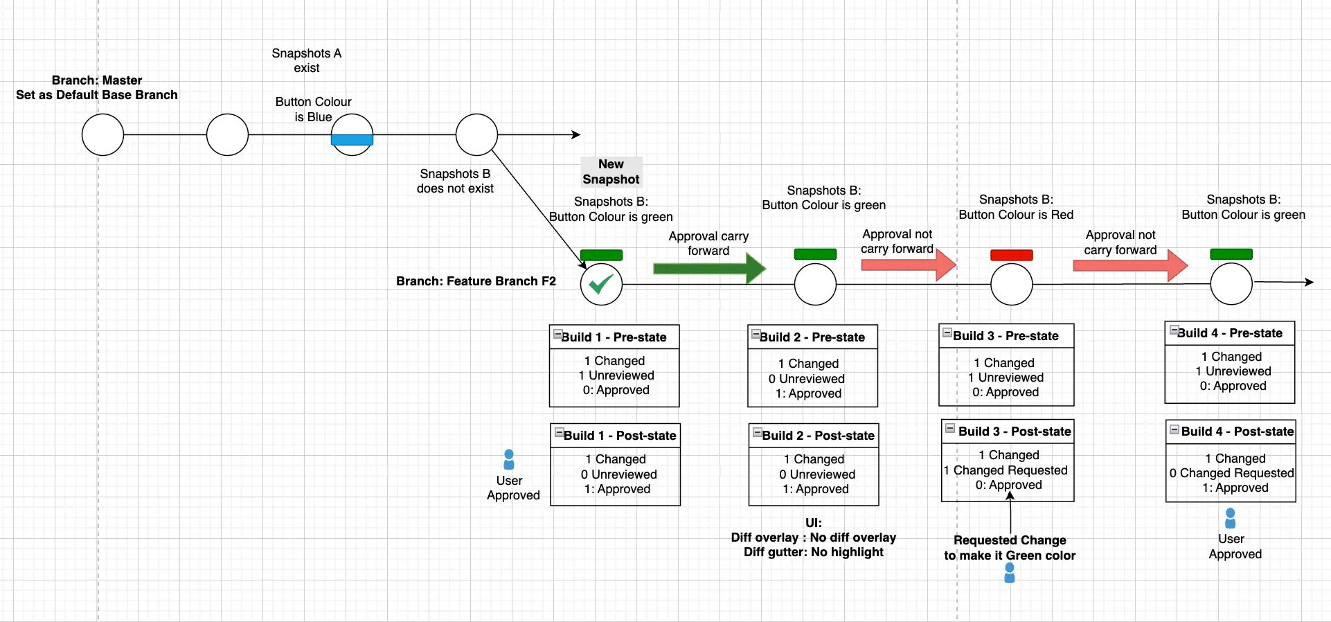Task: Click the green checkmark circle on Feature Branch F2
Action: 601,284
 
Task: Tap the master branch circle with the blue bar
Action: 352,134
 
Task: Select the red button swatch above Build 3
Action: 1011,255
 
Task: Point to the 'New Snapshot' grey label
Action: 611,172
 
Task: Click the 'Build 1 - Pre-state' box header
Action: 614,337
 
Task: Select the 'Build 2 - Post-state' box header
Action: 814,436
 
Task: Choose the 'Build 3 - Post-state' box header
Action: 1008,432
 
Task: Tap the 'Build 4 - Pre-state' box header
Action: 1229,333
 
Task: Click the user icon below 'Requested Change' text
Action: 1010,573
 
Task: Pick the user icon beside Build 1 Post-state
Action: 509,460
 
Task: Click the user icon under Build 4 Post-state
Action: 1231,518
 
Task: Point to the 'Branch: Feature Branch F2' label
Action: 476,281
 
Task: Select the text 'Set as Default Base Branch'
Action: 97,95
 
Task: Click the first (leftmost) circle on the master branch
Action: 102,134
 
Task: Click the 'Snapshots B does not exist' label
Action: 455,181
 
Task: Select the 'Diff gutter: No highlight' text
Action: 813,552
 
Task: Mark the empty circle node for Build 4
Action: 1231,284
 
